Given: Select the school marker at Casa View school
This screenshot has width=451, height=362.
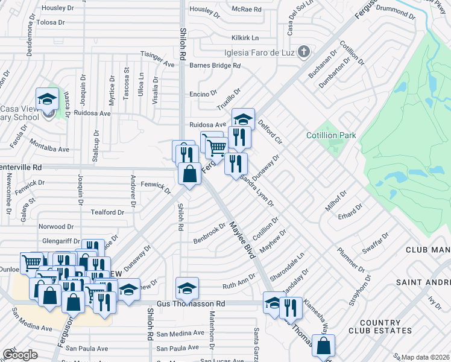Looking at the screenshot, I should point(47,100).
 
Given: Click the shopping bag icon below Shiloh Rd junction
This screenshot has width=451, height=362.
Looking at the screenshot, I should point(190,174).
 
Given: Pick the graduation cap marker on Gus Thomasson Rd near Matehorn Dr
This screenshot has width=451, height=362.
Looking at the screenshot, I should point(187,288).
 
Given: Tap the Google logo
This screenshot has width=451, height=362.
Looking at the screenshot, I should point(20,355).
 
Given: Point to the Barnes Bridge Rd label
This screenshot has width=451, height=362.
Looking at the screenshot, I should point(215,65).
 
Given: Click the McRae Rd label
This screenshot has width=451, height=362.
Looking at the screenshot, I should point(248,10).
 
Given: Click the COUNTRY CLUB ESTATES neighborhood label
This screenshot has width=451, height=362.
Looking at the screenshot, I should point(378,326).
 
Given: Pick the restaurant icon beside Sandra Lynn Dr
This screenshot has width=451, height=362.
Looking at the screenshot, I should point(236,164).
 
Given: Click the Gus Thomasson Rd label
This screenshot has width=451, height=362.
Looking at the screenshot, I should point(191,304).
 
